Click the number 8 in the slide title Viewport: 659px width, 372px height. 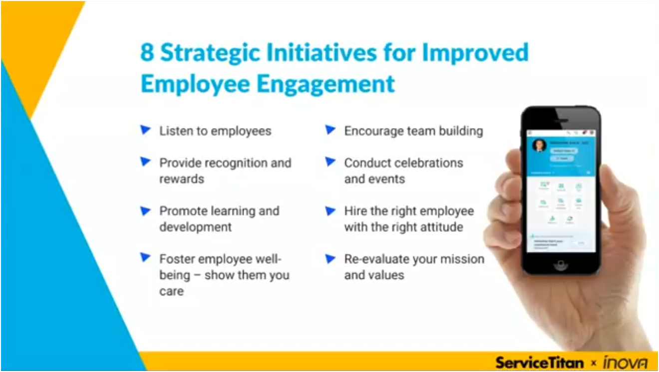(x=147, y=53)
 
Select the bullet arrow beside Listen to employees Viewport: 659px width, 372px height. (x=145, y=130)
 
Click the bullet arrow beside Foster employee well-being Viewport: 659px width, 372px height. (x=145, y=258)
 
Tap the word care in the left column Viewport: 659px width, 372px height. (x=171, y=291)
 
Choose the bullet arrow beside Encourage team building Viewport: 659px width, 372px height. (x=330, y=130)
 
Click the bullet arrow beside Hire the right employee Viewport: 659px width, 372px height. (x=330, y=211)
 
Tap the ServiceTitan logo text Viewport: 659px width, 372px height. (x=539, y=362)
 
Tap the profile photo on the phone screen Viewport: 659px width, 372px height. (x=539, y=146)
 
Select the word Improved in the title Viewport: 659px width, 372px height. (x=475, y=53)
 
